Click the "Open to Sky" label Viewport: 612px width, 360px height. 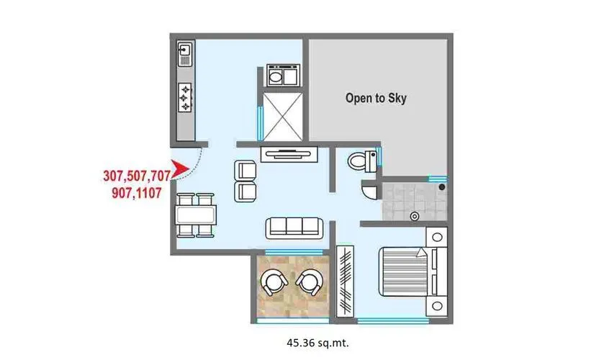click(376, 98)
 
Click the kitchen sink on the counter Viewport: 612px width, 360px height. click(185, 53)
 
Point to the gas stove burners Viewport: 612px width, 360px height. click(185, 96)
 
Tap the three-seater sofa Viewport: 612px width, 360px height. click(295, 228)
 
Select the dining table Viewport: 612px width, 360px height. click(196, 215)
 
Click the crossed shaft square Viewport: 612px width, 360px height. click(282, 114)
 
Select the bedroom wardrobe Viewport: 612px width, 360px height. click(346, 278)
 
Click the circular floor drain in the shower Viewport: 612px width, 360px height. click(414, 216)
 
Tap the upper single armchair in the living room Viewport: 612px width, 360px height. click(245, 171)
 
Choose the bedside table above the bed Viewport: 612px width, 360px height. click(437, 237)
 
